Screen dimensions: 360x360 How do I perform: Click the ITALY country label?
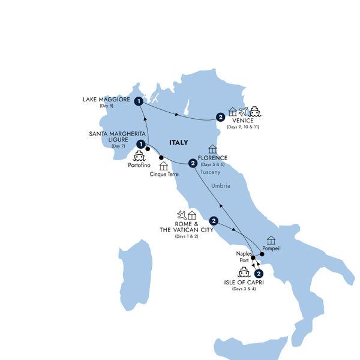coord(178,142)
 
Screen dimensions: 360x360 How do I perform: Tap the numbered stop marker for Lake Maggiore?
coord(139,101)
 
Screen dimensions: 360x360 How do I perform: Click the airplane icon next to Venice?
coord(242,111)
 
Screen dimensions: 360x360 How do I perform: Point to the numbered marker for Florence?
coord(192,163)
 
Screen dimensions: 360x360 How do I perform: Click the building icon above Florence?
coord(212,149)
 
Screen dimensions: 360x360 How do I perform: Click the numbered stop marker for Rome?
coord(214,220)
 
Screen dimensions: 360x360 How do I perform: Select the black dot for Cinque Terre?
coord(161,158)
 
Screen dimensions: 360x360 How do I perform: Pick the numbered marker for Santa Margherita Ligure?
coord(140,144)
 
